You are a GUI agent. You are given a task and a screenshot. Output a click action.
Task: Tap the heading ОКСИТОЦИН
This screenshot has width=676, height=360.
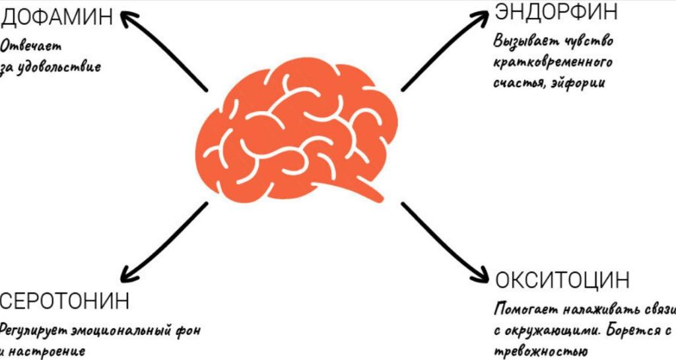[x=562, y=280]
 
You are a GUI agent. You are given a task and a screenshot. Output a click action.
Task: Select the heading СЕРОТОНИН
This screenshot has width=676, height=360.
[x=65, y=301]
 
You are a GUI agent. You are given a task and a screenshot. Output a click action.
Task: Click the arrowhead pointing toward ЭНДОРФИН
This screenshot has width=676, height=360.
[x=485, y=17]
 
